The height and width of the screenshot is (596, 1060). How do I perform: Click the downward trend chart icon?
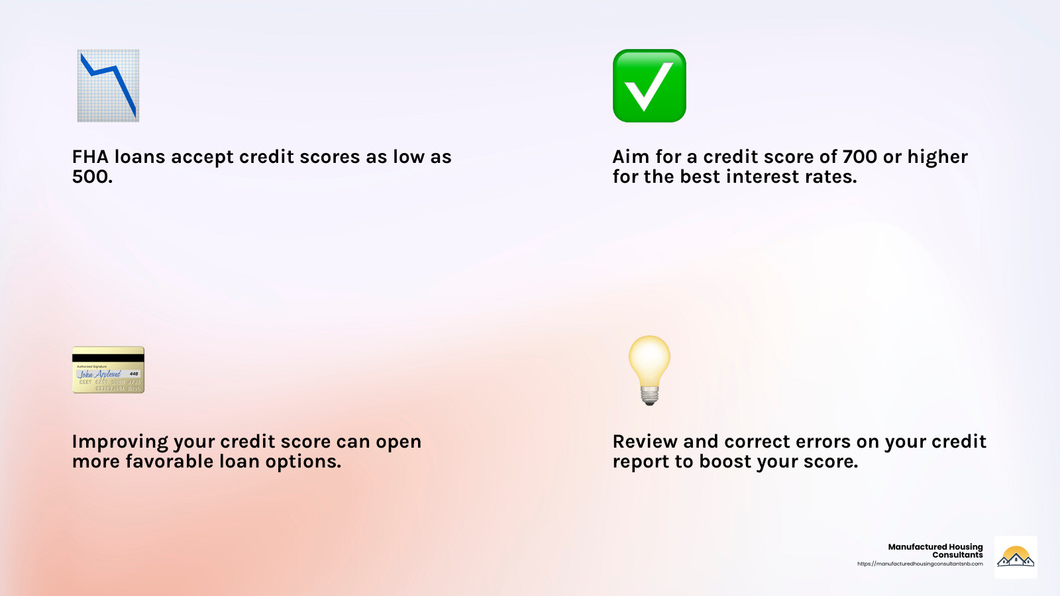point(109,85)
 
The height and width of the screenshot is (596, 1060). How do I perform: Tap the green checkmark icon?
point(649,85)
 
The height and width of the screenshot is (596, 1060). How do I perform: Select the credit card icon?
point(109,370)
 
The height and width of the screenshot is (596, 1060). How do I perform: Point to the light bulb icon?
point(649,370)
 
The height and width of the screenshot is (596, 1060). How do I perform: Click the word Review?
point(645,441)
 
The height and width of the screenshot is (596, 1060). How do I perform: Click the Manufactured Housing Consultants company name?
point(935,550)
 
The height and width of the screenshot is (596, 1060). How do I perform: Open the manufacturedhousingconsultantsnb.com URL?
point(920,564)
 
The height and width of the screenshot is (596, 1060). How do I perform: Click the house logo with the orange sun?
point(1016,557)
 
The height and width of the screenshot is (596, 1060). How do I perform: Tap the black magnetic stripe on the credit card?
point(109,358)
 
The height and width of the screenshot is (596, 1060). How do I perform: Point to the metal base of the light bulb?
point(650,395)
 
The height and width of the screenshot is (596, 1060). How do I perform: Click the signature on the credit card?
point(99,374)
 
